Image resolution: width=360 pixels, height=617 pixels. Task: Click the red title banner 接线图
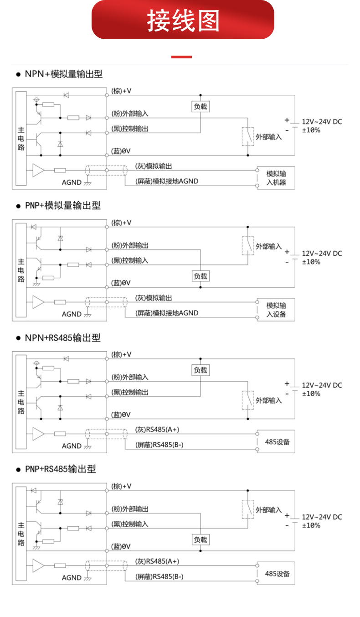(183, 21)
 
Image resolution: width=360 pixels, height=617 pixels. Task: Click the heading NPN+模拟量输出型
(63, 74)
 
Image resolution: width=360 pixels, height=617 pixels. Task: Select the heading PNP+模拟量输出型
(62, 206)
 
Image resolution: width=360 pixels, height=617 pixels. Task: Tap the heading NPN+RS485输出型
(62, 338)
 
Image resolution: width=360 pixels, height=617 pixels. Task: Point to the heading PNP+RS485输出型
(61, 469)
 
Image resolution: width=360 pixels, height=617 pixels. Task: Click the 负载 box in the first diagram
(201, 107)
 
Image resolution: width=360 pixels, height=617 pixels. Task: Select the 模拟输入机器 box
(276, 178)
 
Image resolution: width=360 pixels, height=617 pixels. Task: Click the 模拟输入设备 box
(276, 310)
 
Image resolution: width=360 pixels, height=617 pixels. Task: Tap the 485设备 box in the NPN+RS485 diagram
(276, 441)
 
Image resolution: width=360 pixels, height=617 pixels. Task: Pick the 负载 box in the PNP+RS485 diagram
(201, 539)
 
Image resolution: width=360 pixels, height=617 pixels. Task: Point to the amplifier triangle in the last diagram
(38, 566)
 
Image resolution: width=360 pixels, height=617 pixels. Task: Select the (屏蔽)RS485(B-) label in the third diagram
(159, 445)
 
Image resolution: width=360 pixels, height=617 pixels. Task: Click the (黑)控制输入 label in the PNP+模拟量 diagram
(130, 260)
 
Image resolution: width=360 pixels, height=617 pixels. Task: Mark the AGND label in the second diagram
(72, 314)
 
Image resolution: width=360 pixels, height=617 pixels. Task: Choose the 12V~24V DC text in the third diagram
(322, 385)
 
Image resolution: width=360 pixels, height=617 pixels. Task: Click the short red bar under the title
(181, 57)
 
